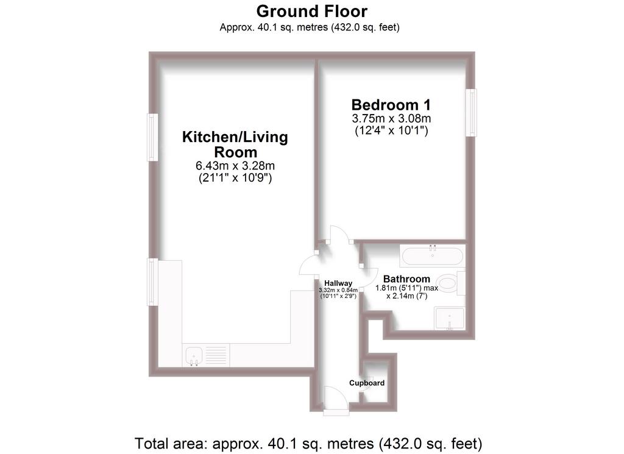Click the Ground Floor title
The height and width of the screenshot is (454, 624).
click(311, 12)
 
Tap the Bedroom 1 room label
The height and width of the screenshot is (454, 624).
click(391, 105)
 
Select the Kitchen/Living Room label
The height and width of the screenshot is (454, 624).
click(235, 144)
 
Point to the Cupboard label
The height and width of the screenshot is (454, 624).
click(366, 383)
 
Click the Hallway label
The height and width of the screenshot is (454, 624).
click(338, 283)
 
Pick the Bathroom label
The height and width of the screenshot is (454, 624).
click(406, 279)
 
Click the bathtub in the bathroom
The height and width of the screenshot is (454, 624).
click(433, 256)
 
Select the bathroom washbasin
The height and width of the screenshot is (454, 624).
click(450, 318)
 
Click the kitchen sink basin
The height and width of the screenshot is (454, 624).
click(194, 355)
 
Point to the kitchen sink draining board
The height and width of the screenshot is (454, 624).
click(216, 355)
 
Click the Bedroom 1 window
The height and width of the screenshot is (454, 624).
click(472, 113)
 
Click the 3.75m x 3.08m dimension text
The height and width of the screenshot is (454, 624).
click(391, 119)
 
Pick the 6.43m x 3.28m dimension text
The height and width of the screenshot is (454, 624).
click(235, 166)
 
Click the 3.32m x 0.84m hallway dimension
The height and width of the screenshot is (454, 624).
click(338, 291)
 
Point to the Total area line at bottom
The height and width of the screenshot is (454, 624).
click(308, 443)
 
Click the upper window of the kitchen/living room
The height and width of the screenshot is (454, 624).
click(152, 137)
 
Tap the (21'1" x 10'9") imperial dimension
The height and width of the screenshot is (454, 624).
click(235, 178)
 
